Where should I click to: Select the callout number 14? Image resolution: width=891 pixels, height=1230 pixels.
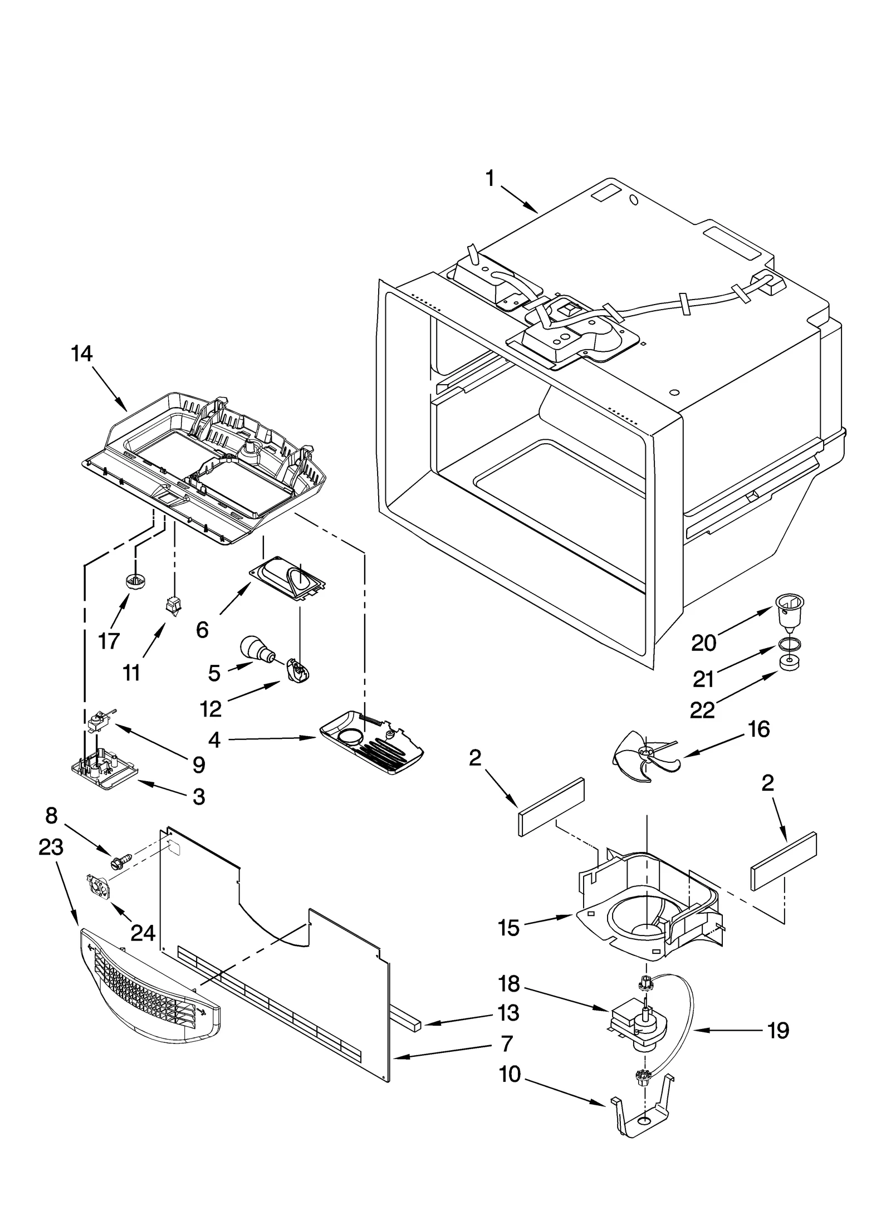[82, 354]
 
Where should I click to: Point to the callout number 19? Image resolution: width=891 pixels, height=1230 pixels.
[777, 1031]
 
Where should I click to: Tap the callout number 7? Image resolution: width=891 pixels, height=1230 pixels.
[506, 1043]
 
